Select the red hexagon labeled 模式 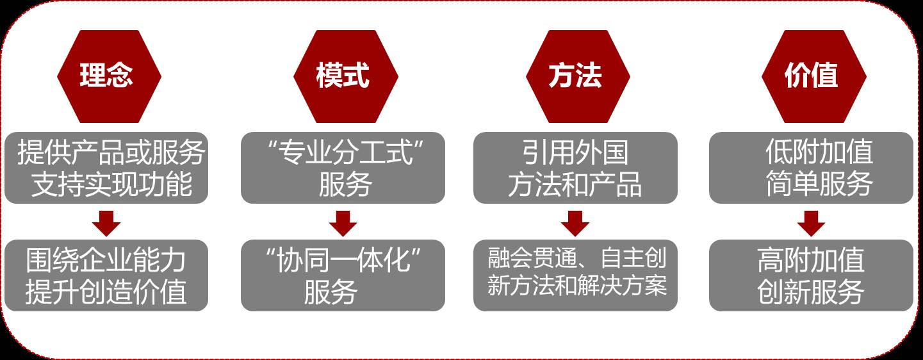pyautogui.click(x=343, y=76)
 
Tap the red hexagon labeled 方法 pyautogui.click(x=575, y=76)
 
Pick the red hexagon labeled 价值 pyautogui.click(x=811, y=76)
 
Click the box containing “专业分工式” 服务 pyautogui.click(x=343, y=168)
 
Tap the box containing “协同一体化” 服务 pyautogui.click(x=343, y=275)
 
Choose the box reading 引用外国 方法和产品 pyautogui.click(x=575, y=168)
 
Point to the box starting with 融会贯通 pyautogui.click(x=575, y=275)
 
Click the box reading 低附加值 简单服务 pyautogui.click(x=811, y=168)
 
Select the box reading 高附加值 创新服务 pyautogui.click(x=811, y=275)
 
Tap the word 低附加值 pyautogui.click(x=819, y=152)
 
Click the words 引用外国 pyautogui.click(x=575, y=153)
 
